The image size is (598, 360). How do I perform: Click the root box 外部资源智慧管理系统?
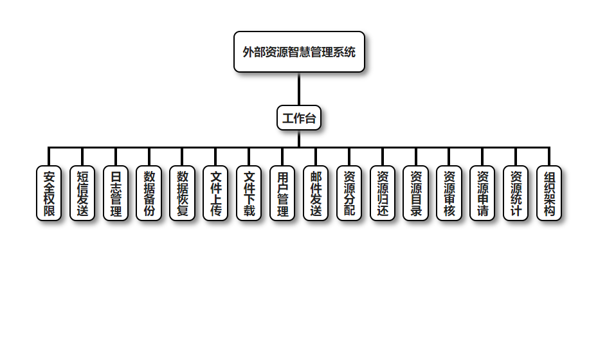pyautogui.click(x=299, y=52)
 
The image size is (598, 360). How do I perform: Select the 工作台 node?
pyautogui.click(x=299, y=118)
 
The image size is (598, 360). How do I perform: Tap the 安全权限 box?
pyautogui.click(x=49, y=194)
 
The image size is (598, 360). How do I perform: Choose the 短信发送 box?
pyautogui.click(x=82, y=194)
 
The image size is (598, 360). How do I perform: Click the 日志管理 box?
pyautogui.click(x=116, y=194)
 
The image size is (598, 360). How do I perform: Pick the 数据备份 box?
pyautogui.click(x=149, y=194)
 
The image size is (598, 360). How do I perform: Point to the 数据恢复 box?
pyautogui.click(x=183, y=194)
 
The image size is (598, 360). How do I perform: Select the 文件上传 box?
pyautogui.click(x=216, y=194)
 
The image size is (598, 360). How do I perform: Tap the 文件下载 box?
pyautogui.click(x=249, y=194)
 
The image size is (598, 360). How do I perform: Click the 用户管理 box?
pyautogui.click(x=282, y=194)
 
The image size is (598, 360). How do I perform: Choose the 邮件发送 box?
pyautogui.click(x=316, y=194)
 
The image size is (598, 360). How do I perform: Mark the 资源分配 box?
pyautogui.click(x=349, y=194)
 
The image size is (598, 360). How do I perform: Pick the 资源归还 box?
pyautogui.click(x=383, y=194)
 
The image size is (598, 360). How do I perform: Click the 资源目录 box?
pyautogui.click(x=416, y=194)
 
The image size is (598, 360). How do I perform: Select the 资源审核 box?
pyautogui.click(x=449, y=194)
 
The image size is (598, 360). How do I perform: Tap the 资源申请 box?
pyautogui.click(x=483, y=194)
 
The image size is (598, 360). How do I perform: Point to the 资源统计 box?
pyautogui.click(x=516, y=194)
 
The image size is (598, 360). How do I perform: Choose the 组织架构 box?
pyautogui.click(x=549, y=194)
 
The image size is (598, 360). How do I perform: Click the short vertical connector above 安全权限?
pyautogui.click(x=49, y=157)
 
